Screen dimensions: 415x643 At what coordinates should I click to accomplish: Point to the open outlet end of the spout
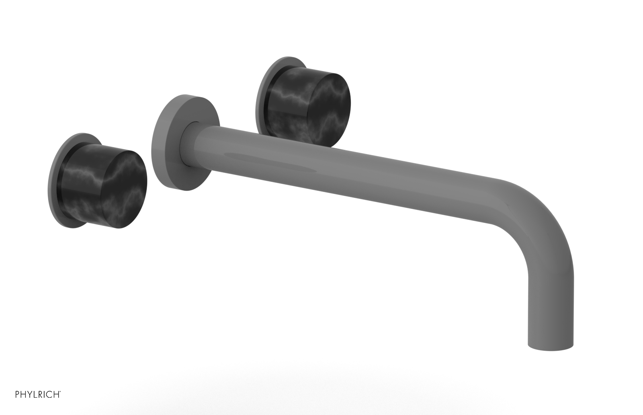550,347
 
